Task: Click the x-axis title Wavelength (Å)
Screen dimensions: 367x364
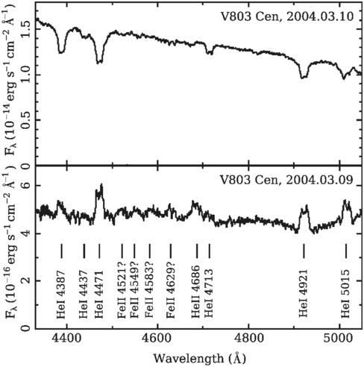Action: [x=199, y=357]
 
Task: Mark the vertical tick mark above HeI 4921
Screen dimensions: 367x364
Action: [x=304, y=250]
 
